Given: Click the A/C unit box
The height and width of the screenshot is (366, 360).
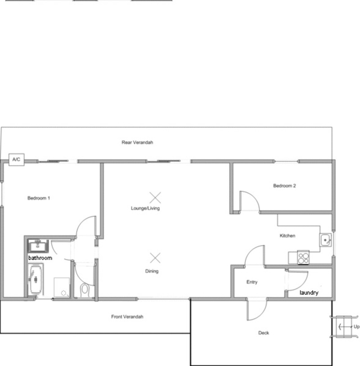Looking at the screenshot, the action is (16, 160).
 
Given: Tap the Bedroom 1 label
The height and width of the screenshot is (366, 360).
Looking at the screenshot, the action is (39, 198).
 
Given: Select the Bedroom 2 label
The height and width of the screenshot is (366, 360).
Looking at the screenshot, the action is (284, 186).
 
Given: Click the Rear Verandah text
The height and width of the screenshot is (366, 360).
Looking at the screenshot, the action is (137, 143).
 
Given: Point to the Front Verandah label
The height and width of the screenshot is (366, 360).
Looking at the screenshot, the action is (127, 317).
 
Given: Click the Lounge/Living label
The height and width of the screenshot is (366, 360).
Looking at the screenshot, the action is (145, 208).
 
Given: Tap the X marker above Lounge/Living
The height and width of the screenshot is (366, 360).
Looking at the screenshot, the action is (155, 198).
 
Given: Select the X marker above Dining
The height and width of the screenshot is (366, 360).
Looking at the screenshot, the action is (155, 258).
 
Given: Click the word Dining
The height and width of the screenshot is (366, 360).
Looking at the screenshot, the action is (152, 271).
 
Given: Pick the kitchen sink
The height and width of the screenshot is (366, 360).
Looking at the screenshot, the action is (326, 240).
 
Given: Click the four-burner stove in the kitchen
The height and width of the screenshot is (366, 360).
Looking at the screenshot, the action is (303, 258).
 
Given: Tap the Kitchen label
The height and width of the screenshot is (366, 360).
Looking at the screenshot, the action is (288, 236).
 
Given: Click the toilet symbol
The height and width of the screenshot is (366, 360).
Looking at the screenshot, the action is (85, 290).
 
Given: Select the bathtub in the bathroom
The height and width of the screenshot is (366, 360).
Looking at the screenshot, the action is (36, 279).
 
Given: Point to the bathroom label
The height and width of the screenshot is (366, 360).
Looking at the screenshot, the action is (40, 258).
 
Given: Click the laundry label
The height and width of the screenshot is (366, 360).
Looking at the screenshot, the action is (309, 293).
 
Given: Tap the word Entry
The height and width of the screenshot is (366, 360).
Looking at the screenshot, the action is (252, 282).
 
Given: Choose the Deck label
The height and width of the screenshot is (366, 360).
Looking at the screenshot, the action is (264, 333).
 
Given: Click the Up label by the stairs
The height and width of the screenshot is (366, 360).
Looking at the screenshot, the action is (356, 327).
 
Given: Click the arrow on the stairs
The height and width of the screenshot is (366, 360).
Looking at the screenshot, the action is (345, 327).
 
